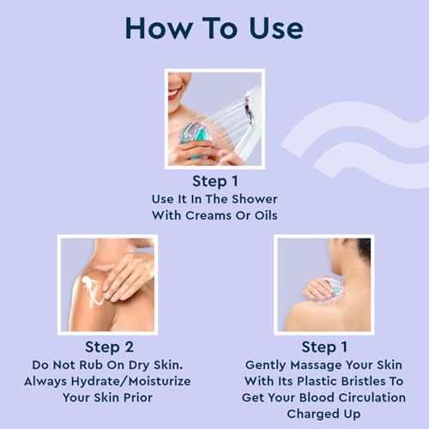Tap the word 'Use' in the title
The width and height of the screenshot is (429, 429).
pyautogui.click(x=276, y=27)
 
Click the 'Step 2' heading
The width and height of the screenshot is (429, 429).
pyautogui.click(x=109, y=347)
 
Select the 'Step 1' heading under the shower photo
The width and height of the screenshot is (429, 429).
pyautogui.click(x=214, y=181)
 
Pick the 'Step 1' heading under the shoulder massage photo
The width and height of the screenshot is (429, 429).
pyautogui.click(x=324, y=347)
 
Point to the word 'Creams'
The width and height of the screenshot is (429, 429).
pyautogui.click(x=208, y=215)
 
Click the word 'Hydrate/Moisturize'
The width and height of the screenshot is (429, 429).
pyautogui.click(x=130, y=382)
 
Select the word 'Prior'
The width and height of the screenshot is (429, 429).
pyautogui.click(x=137, y=398)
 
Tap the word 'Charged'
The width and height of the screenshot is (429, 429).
pyautogui.click(x=309, y=414)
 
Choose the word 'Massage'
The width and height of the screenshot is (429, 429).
pyautogui.click(x=317, y=366)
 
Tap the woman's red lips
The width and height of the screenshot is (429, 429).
pyautogui.click(x=174, y=93)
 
